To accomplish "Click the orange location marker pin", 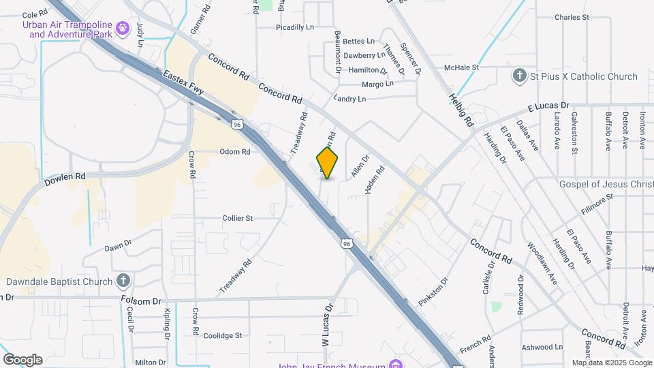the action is pyautogui.click(x=328, y=162).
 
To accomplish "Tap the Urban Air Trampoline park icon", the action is pyautogui.click(x=123, y=28).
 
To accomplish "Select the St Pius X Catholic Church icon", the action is pyautogui.click(x=520, y=76).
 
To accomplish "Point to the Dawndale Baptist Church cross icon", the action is pyautogui.click(x=123, y=281).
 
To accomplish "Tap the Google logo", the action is pyautogui.click(x=23, y=360).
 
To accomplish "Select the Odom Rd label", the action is pyautogui.click(x=235, y=151).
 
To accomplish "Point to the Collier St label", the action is pyautogui.click(x=238, y=218).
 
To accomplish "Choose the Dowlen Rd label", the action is pyautogui.click(x=65, y=180).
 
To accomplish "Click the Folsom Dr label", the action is pyautogui.click(x=140, y=300).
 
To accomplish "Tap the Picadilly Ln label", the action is pyautogui.click(x=294, y=27).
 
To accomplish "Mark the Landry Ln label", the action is pyautogui.click(x=349, y=99).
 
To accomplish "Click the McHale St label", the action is pyautogui.click(x=462, y=67).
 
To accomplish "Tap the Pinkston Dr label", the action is pyautogui.click(x=434, y=290).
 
